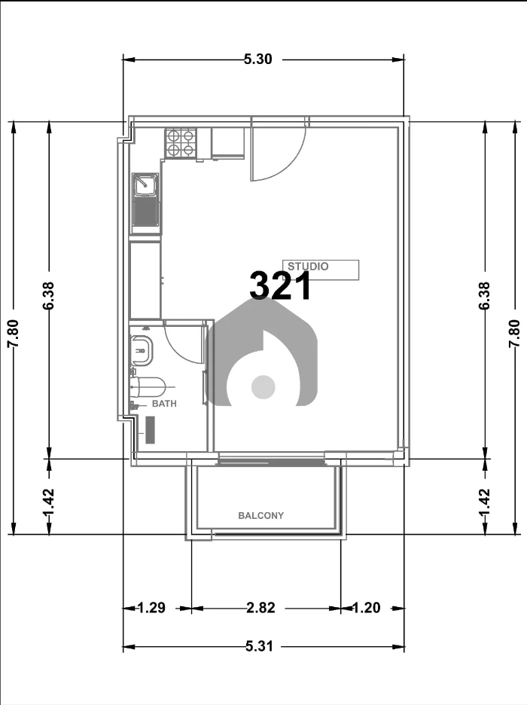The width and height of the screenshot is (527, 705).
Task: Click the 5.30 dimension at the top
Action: (x=258, y=59)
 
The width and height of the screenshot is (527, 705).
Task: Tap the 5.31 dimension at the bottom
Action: (x=259, y=646)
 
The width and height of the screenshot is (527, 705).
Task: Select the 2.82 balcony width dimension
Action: (x=260, y=608)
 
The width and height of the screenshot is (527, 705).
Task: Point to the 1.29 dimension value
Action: (x=151, y=608)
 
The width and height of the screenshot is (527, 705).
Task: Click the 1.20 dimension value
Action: (x=366, y=608)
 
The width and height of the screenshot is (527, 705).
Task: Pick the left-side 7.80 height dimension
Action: (x=13, y=333)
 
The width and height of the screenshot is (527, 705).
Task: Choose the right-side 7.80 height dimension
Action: (x=514, y=333)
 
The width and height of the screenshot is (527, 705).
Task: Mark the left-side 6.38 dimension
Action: (x=48, y=295)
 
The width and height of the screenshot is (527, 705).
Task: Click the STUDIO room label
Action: (x=308, y=266)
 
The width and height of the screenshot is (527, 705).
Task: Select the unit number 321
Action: (x=280, y=286)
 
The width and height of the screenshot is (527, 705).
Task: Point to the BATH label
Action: (x=164, y=404)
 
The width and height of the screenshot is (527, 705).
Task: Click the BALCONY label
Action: (x=261, y=516)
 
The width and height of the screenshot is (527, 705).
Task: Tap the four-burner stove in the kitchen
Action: (x=181, y=143)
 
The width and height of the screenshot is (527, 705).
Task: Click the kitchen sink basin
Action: (x=145, y=185)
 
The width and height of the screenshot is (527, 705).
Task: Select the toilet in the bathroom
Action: (x=148, y=386)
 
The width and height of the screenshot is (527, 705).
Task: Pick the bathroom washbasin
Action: (x=142, y=350)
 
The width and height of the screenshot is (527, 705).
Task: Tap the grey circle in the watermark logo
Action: (x=263, y=387)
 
